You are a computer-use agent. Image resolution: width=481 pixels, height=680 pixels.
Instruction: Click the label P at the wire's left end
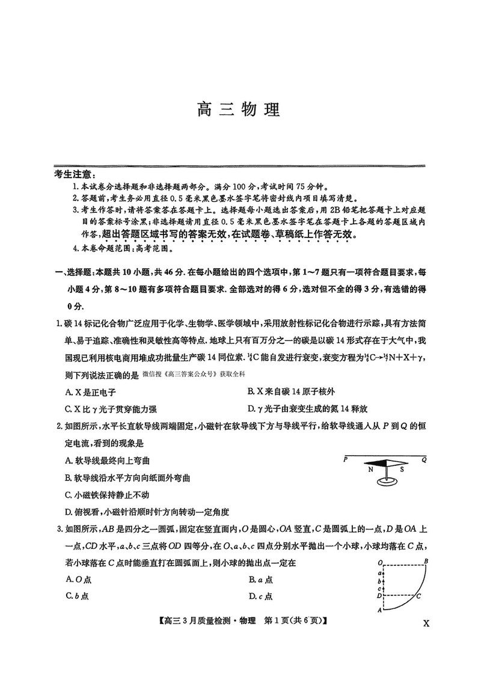click(x=346, y=459)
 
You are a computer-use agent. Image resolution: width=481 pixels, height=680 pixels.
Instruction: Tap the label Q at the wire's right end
click(x=424, y=459)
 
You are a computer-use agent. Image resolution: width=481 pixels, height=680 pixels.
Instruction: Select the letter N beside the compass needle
click(x=370, y=470)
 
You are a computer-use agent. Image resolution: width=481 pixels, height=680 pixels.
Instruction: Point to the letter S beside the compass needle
click(x=402, y=470)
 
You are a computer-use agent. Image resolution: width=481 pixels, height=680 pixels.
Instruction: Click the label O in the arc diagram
click(x=381, y=563)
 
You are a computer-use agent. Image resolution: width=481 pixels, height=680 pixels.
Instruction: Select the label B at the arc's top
click(x=426, y=562)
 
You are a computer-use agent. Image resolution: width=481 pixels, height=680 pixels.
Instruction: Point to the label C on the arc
click(x=418, y=596)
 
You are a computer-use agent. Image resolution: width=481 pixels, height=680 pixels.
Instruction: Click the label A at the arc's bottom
click(x=379, y=610)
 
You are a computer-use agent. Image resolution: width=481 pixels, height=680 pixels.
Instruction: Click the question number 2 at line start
click(x=58, y=427)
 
